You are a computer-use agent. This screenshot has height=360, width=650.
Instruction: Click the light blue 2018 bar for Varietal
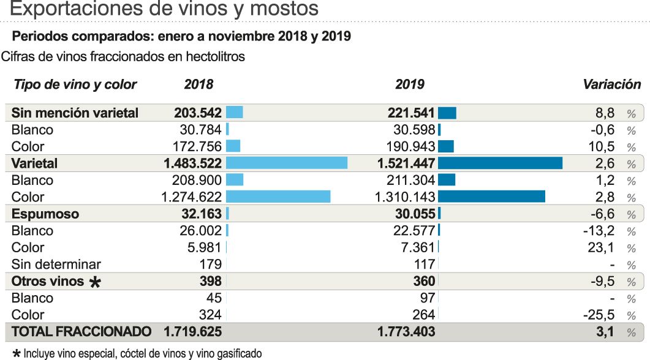(286, 163)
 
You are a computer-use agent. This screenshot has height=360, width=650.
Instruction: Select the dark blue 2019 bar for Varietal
(500, 163)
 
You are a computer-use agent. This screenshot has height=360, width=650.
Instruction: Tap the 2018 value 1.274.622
(192, 197)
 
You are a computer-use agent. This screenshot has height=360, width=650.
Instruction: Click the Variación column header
(611, 84)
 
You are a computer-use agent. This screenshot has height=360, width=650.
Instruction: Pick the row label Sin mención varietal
(75, 113)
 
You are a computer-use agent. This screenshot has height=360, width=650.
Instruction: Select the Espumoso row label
(45, 214)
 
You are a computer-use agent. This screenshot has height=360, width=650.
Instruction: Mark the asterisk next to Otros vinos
(95, 282)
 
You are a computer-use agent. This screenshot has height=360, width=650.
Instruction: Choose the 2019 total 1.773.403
(407, 332)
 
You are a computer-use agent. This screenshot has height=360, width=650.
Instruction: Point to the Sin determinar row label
(56, 264)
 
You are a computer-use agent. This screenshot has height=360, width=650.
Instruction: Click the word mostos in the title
(282, 9)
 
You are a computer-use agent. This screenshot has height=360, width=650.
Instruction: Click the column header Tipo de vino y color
(75, 84)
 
